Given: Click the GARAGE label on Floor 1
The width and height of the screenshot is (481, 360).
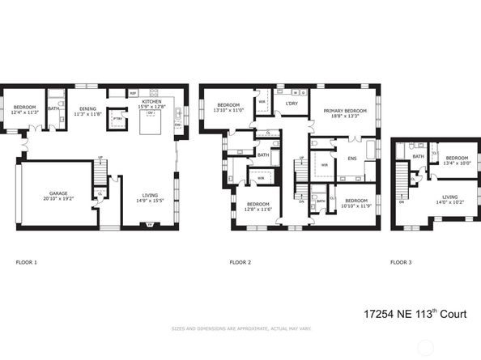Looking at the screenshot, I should [57, 194].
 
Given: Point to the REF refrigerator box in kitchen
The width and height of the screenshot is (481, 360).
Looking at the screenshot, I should [134, 94].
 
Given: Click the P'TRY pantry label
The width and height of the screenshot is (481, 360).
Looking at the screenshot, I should [117, 119].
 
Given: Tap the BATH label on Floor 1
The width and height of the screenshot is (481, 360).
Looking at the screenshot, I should [53, 108].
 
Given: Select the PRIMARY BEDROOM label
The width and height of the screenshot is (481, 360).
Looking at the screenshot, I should [344, 112].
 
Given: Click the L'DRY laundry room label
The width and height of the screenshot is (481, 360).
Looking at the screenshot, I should [292, 104].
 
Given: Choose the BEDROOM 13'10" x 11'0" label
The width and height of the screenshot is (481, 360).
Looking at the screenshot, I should [227, 107].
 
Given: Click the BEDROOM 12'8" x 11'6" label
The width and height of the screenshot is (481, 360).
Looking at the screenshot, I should [258, 206].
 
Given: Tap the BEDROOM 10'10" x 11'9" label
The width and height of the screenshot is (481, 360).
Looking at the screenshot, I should [356, 202].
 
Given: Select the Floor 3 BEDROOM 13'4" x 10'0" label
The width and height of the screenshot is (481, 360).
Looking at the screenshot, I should [458, 159].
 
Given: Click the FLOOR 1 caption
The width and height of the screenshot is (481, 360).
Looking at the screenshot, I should [27, 262].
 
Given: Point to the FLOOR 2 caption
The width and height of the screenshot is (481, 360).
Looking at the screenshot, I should [240, 262].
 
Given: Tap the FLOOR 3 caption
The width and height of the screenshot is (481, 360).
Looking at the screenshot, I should [401, 262].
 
